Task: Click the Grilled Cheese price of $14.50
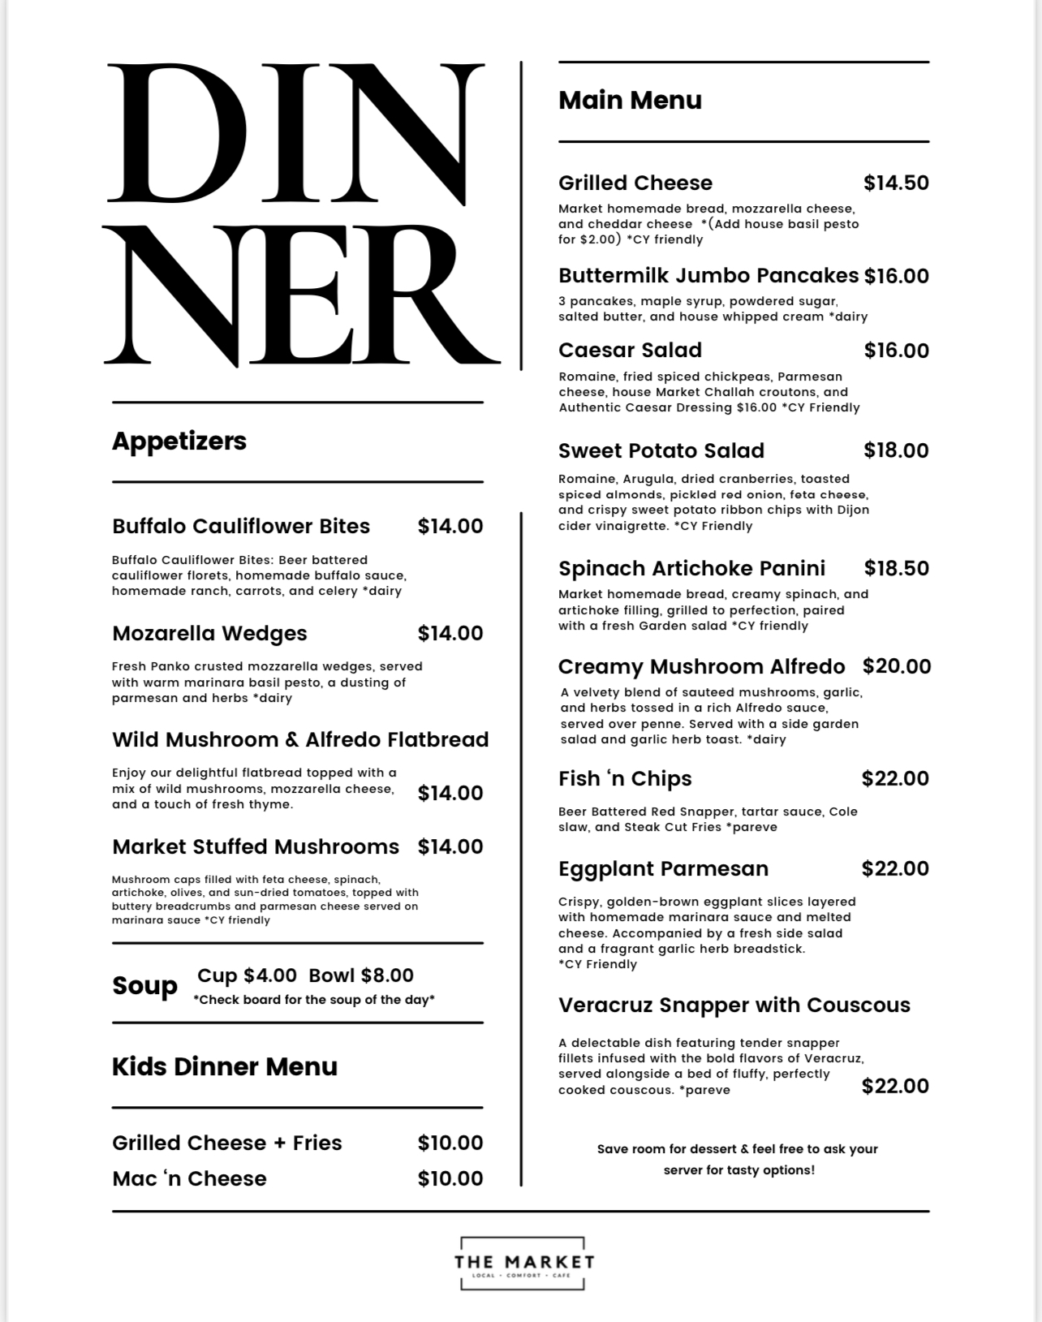896,183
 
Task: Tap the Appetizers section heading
179,441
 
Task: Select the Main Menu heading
630,100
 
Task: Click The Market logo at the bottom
523,1263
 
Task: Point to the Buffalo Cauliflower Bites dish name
241,526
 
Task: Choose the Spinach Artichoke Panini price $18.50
896,568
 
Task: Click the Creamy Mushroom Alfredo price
896,666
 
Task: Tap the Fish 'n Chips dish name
625,779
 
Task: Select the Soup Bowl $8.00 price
361,975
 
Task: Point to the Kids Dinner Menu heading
225,1066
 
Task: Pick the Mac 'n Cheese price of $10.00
450,1178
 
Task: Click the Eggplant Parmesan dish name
663,868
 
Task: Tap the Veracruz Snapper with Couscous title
734,1005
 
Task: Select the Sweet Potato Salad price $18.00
896,450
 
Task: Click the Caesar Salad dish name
630,351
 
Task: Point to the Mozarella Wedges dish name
209,633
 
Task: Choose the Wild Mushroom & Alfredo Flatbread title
300,739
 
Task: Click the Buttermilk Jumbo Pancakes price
896,276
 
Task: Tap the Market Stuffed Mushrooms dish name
256,846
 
